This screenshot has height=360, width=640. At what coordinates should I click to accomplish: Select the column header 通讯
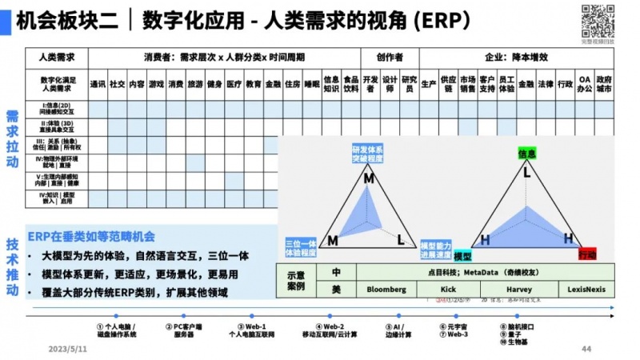tap(98, 83)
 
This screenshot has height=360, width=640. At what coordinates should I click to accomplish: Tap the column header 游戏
tap(156, 83)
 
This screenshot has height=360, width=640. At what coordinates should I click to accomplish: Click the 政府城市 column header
tap(604, 83)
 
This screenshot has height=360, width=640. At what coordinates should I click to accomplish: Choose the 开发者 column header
tap(370, 83)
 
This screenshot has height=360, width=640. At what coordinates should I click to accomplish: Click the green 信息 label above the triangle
tap(526, 152)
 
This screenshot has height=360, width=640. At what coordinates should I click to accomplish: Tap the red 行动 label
tap(587, 254)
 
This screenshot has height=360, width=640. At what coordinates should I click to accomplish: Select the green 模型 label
tap(462, 256)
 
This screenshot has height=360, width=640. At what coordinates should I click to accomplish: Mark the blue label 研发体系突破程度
tap(368, 154)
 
